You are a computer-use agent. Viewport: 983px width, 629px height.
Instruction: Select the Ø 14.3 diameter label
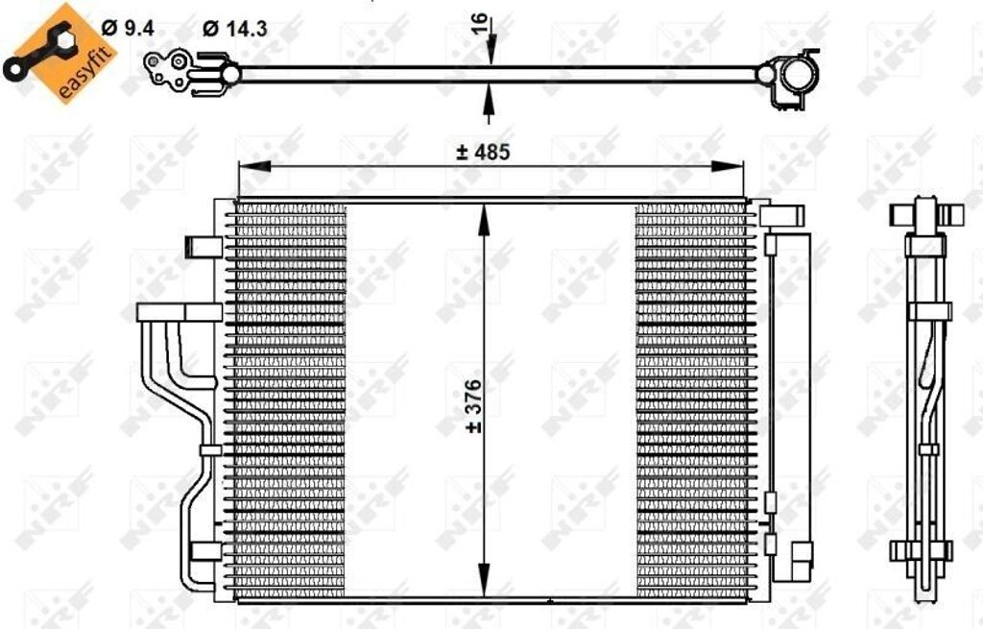[x=234, y=29]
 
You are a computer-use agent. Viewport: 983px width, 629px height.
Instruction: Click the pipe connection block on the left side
[x=178, y=312]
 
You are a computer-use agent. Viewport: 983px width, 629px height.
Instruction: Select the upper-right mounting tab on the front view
[x=785, y=215]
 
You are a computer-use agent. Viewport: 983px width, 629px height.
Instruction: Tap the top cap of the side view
[x=926, y=212]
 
